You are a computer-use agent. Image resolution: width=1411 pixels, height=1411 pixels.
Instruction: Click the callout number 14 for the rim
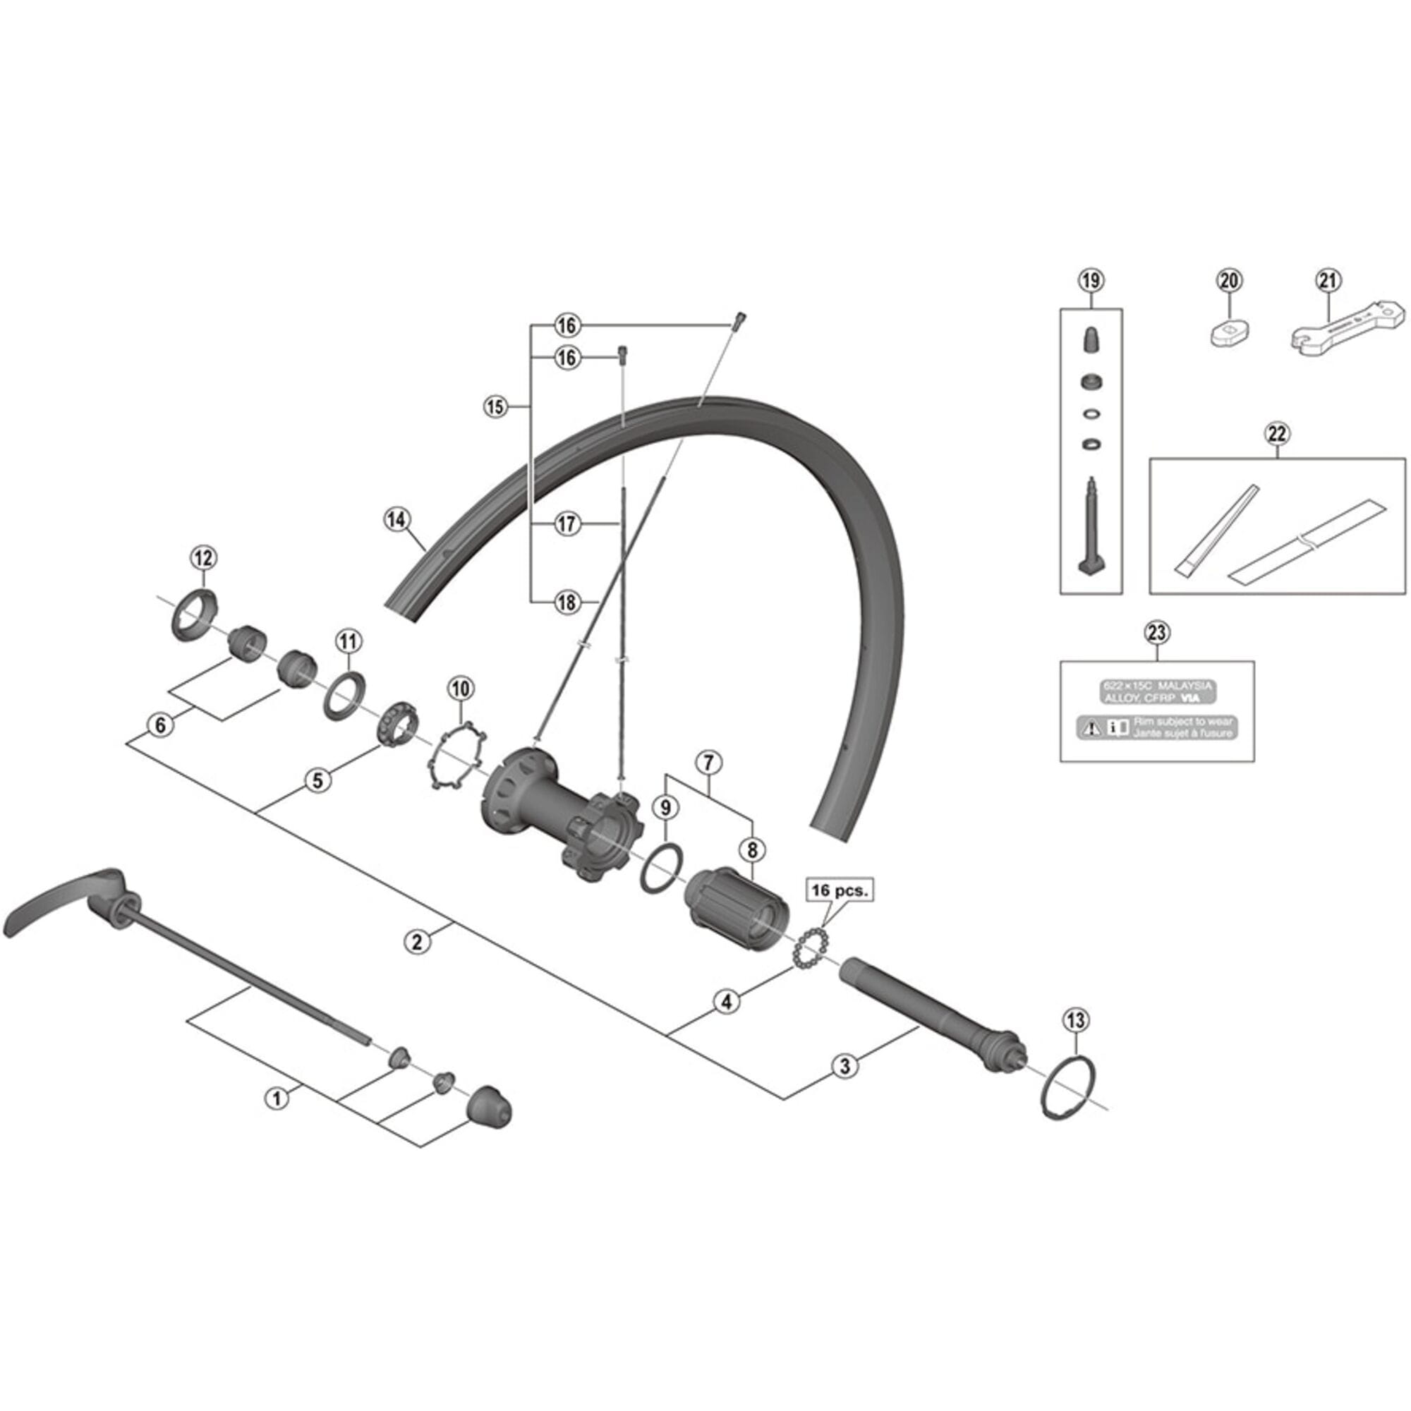(x=396, y=520)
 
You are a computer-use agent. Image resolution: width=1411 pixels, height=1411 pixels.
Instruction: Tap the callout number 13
(x=1076, y=1020)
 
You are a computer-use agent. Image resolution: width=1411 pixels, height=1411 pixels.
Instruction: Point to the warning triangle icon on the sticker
(x=1091, y=727)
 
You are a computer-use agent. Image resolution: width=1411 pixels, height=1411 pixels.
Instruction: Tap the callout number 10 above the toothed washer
(x=460, y=688)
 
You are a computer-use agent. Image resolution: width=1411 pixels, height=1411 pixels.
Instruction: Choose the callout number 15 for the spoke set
(x=495, y=407)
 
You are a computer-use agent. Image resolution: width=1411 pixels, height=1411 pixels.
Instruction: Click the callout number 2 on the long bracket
(x=416, y=942)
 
